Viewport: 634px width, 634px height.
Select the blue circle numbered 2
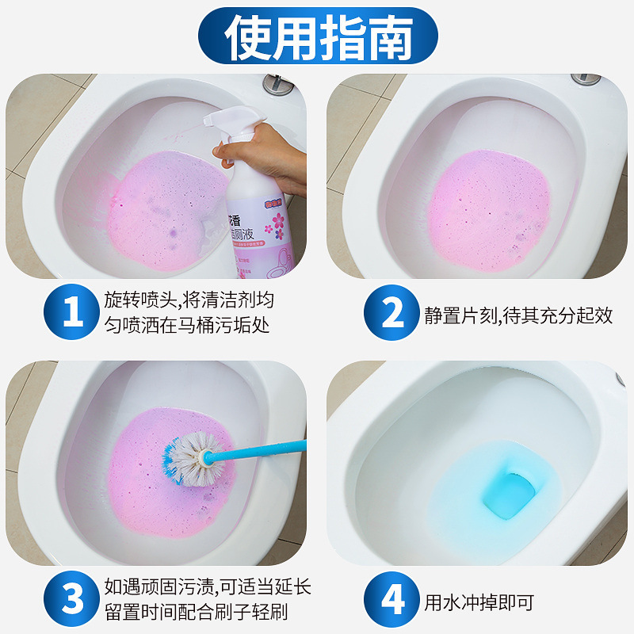pyautogui.click(x=393, y=314)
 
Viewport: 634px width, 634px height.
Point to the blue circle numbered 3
pyautogui.click(x=73, y=600)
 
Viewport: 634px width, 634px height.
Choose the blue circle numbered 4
pyautogui.click(x=393, y=600)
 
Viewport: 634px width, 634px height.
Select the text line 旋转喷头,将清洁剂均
pyautogui.click(x=189, y=299)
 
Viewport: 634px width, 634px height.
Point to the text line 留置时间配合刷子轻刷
pyautogui.click(x=196, y=613)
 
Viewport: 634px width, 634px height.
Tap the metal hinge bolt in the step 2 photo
pyautogui.click(x=586, y=80)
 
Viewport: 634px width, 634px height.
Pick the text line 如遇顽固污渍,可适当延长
pyautogui.click(x=208, y=586)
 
